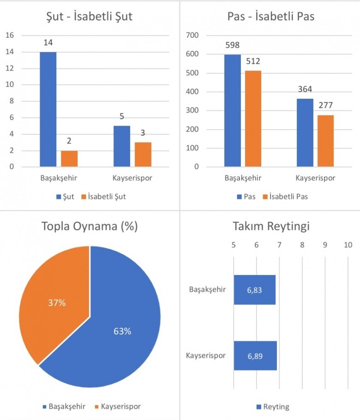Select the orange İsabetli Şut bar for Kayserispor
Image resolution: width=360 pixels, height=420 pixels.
143,154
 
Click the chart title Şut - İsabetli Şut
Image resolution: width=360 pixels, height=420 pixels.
90,18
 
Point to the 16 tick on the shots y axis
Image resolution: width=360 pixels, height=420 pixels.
11,36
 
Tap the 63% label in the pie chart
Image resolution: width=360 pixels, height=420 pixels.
122,331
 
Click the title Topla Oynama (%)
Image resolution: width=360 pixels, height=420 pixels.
90,227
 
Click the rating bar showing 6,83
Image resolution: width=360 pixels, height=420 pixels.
254,290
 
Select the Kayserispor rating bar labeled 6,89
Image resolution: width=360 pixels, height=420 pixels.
255,356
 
